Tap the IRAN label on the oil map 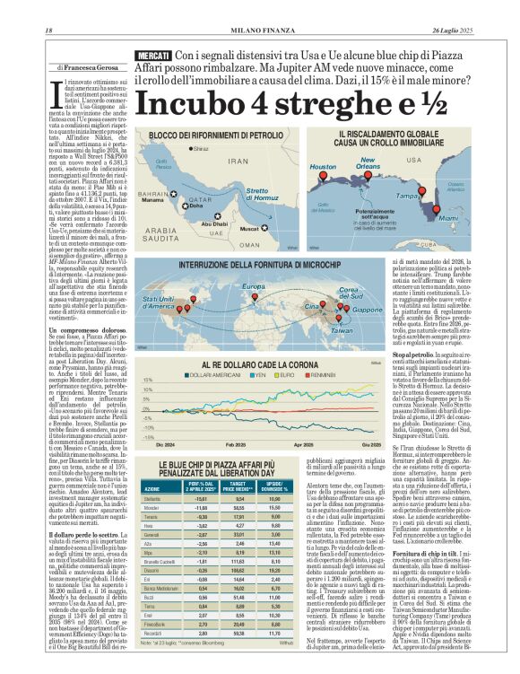[x=238, y=162]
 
